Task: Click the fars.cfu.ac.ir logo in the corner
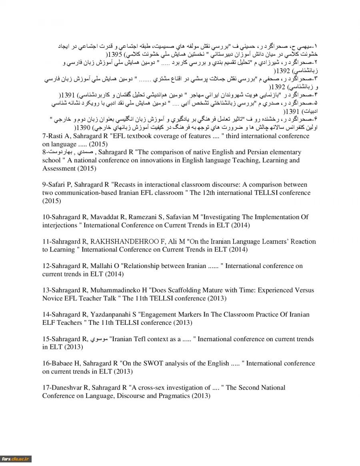coord(16,459)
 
